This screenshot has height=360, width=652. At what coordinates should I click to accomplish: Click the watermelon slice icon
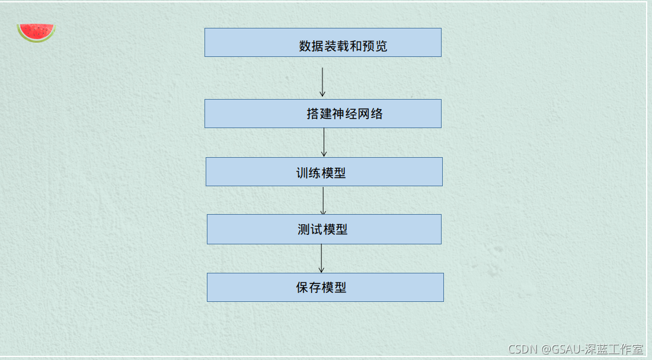[36, 32]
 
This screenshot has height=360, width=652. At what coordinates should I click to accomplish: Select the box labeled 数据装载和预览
[322, 42]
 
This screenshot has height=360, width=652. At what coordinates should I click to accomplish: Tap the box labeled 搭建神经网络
[322, 113]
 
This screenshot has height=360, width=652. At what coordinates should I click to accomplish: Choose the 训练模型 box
[324, 171]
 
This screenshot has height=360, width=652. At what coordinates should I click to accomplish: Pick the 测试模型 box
[324, 229]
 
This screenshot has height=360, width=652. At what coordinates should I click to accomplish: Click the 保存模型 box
[325, 287]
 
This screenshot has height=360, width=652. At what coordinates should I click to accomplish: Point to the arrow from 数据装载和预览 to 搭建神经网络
[322, 82]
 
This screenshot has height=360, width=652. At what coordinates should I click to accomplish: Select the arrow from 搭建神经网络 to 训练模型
[324, 142]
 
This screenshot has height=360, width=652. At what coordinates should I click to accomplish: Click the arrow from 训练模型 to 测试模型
[323, 200]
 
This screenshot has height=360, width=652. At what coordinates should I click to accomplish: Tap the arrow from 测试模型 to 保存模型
[321, 259]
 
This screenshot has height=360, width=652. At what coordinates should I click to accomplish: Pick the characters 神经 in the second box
[344, 114]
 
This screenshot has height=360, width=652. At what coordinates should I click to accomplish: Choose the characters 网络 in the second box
[370, 114]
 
